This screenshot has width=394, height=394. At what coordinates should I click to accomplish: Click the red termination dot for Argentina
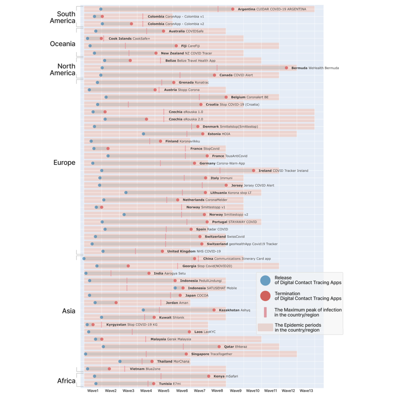coord(233,9)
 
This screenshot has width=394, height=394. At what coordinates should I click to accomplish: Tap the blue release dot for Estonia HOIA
coord(143,134)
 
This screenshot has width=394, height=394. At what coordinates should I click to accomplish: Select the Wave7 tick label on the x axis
coord(200,391)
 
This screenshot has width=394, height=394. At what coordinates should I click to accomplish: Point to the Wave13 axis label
coord(306,391)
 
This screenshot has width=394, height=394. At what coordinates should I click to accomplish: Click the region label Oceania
coord(63,44)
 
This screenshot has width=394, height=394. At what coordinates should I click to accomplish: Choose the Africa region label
coord(66,381)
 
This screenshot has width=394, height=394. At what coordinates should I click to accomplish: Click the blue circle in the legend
coord(265,280)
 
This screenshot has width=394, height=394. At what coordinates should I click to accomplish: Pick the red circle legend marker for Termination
coord(265,296)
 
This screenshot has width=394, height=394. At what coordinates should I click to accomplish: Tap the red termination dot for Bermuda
coord(287,68)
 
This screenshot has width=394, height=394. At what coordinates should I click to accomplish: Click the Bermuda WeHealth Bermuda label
coord(315,68)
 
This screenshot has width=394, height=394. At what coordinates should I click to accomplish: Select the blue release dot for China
coord(84,258)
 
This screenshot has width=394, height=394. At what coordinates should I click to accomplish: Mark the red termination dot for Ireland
coord(254,171)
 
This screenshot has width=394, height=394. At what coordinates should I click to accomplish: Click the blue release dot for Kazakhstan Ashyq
coord(143,310)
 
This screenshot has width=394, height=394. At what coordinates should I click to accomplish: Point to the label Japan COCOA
coord(197,295)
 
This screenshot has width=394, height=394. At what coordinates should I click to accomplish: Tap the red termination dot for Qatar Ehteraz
coord(219,347)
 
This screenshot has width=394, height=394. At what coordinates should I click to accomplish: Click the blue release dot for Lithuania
coord(126,193)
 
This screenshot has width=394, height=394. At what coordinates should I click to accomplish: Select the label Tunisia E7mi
coord(170,384)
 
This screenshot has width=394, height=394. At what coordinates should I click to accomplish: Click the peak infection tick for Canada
coord(180,75)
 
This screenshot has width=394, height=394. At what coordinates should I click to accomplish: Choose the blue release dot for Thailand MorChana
coord(120,361)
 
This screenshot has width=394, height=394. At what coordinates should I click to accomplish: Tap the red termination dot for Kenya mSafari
coord(209,376)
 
